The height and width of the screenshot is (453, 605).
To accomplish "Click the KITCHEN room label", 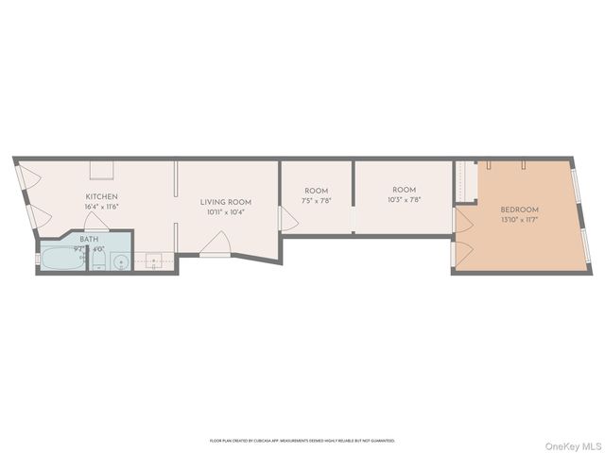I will pyautogui.click(x=101, y=196).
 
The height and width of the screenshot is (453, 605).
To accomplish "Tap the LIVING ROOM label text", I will pyautogui.click(x=225, y=202).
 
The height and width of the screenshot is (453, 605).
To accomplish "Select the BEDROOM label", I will pyautogui.click(x=519, y=210).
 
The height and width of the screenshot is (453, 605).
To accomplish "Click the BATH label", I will pyautogui.click(x=89, y=240).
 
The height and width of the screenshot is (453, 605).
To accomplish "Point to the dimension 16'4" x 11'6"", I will pyautogui.click(x=101, y=207).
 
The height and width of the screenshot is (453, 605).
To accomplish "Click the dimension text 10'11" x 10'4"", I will pyautogui.click(x=225, y=212).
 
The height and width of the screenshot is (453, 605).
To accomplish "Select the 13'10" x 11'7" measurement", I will pyautogui.click(x=519, y=220).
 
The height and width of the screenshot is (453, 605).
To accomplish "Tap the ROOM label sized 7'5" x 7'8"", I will pyautogui.click(x=315, y=191).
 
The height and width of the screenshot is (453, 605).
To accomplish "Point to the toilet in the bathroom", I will pyautogui.click(x=97, y=262).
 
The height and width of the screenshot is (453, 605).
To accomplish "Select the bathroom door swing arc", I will pyautogui.click(x=96, y=223).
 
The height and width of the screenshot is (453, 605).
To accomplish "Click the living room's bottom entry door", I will pyautogui.click(x=215, y=248).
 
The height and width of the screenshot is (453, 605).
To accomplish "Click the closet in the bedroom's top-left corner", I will pyautogui.click(x=463, y=181).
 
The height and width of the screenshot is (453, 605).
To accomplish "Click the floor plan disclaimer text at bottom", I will pyautogui.click(x=302, y=441).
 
